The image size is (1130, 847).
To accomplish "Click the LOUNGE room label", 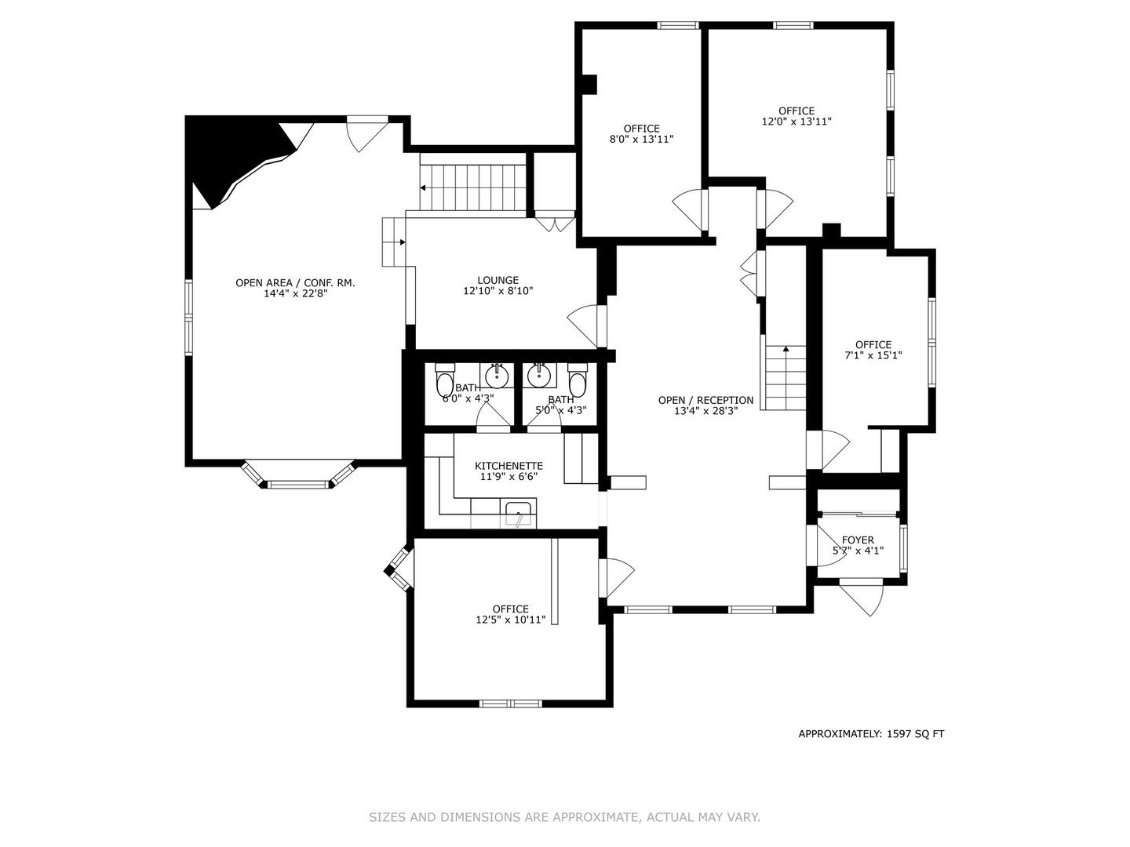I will [498, 280].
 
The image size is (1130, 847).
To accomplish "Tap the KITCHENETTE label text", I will [508, 466].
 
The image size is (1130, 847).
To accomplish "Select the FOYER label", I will [858, 540].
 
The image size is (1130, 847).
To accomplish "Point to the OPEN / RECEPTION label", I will [705, 400].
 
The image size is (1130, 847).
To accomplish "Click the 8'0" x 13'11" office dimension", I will [641, 140].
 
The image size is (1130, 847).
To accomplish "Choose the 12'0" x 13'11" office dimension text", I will [796, 122].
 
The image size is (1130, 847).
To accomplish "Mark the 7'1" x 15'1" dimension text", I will [873, 355].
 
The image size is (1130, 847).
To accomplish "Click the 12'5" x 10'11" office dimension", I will [510, 620].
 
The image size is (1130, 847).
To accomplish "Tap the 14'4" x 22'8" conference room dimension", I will [295, 293].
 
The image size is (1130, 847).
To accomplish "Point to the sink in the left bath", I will [496, 376].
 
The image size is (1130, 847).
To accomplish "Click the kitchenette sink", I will [519, 515].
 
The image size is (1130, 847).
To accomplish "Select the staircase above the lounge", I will [472, 187].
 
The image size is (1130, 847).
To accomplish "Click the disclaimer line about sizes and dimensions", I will [564, 817].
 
